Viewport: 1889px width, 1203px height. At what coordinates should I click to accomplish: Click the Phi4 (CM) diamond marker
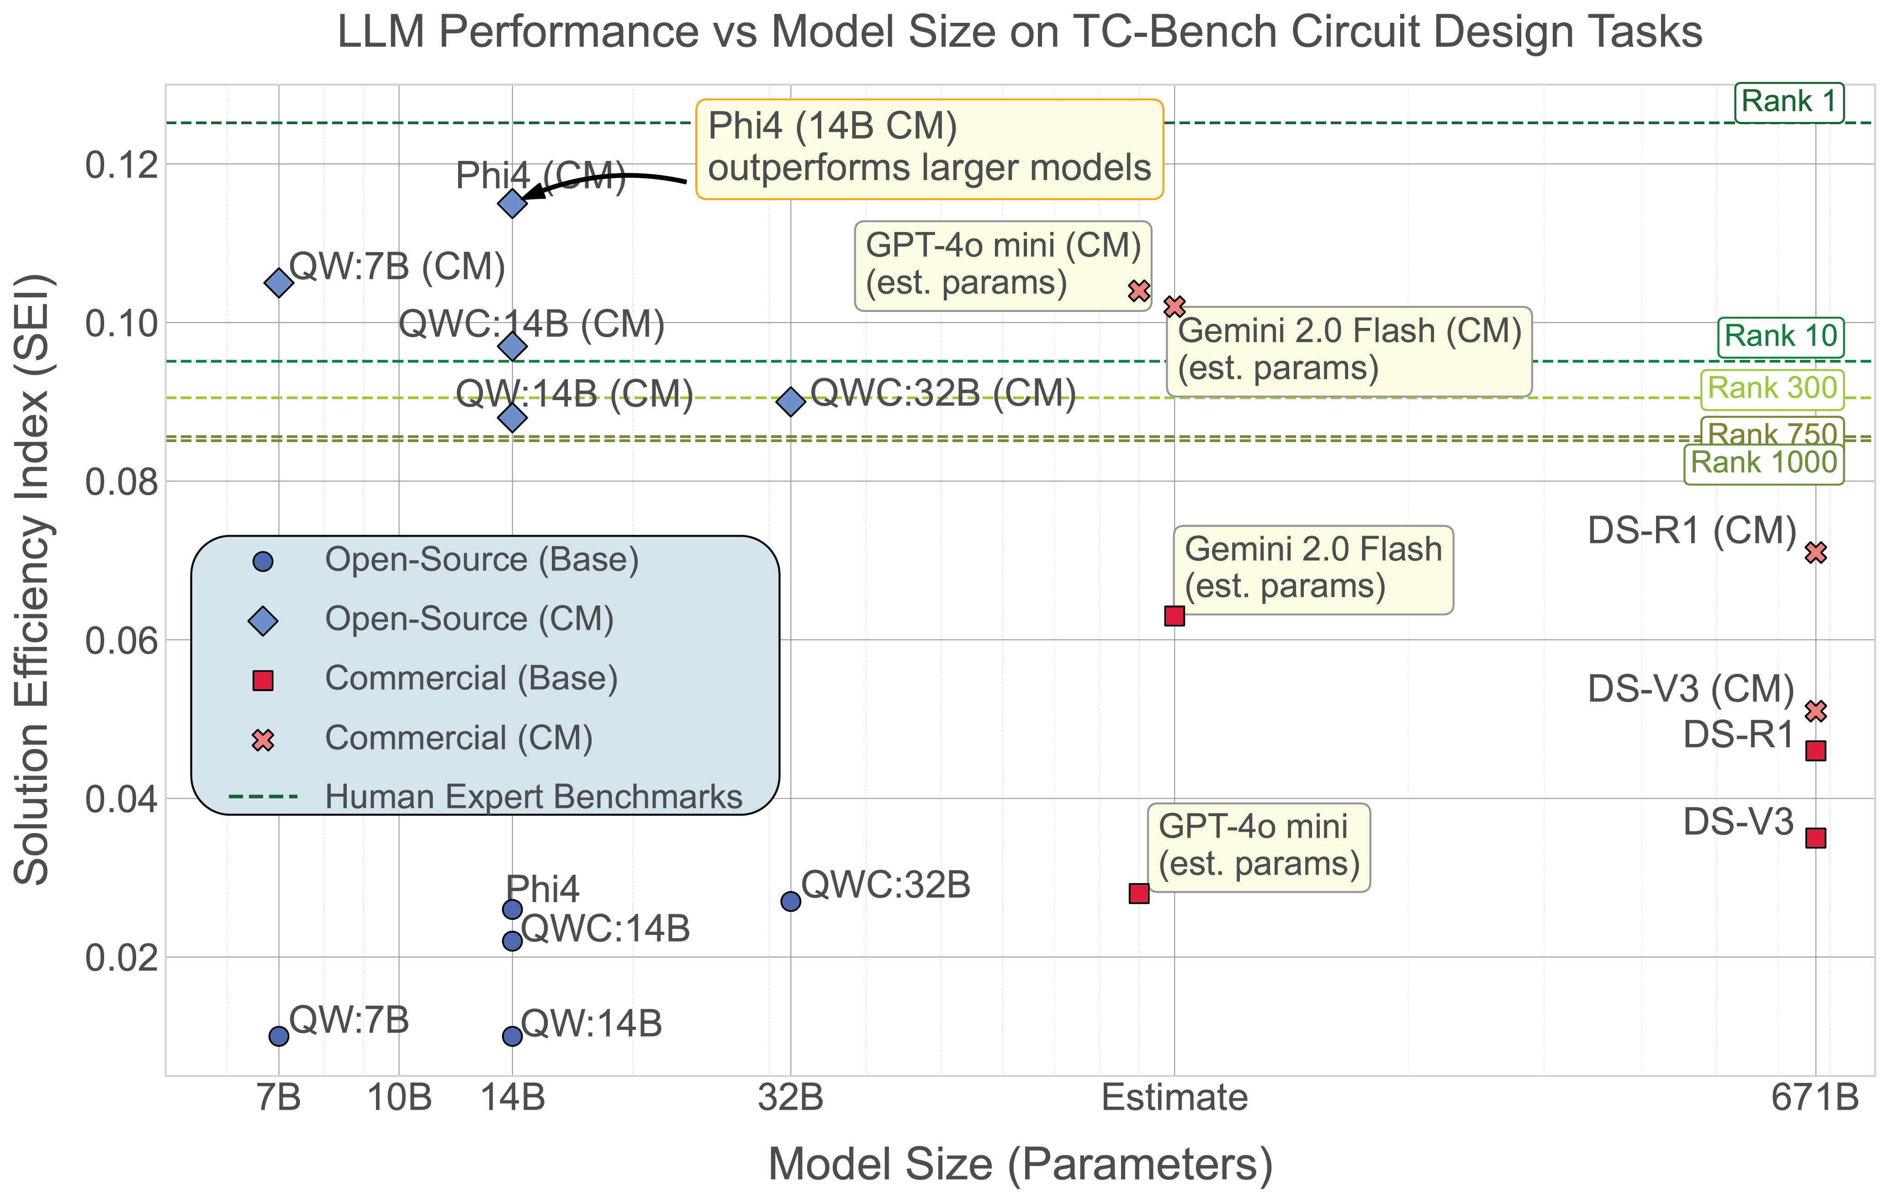point(512,204)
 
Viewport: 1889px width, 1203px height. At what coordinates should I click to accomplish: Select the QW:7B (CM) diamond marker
point(279,282)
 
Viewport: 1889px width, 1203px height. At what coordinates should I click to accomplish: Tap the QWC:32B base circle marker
point(791,901)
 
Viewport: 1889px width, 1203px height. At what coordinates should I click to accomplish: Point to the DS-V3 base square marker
point(1815,838)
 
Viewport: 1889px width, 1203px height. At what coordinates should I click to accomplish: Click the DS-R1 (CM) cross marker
point(1815,552)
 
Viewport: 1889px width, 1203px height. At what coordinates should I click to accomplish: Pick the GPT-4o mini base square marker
point(1139,893)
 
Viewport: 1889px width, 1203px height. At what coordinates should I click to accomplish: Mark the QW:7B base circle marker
point(279,1036)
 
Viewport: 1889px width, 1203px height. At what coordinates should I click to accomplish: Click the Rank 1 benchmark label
point(1788,102)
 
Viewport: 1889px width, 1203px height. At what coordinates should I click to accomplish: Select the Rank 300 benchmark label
point(1772,388)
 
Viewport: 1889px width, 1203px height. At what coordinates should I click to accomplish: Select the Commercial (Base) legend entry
point(471,678)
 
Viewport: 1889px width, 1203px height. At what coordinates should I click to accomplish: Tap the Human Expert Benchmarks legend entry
point(534,797)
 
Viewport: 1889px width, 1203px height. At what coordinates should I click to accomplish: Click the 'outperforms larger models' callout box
point(930,148)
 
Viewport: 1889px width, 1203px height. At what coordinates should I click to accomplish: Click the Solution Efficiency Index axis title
point(33,580)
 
